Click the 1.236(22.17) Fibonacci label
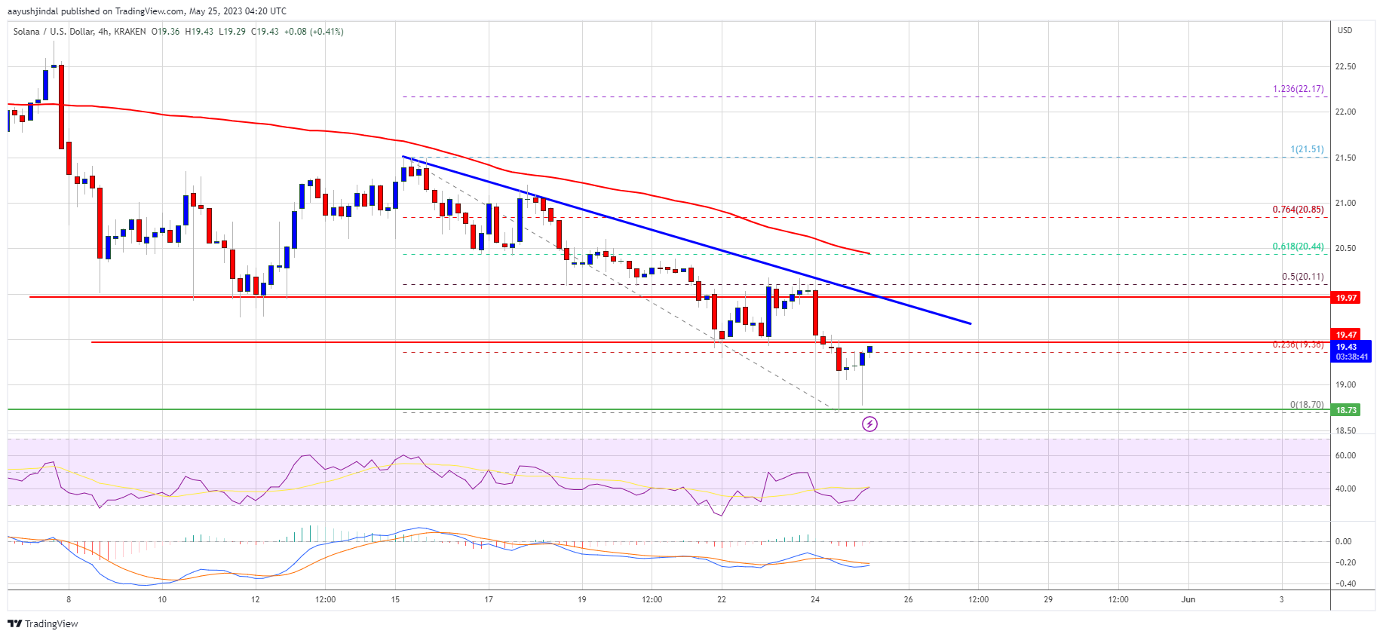click(1298, 89)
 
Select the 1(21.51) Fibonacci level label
click(1307, 149)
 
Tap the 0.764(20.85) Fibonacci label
click(1298, 210)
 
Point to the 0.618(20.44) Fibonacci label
click(1298, 247)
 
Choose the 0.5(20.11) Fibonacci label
click(1302, 277)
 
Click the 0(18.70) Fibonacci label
click(1306, 405)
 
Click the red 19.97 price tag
click(1346, 298)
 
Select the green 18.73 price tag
click(1346, 410)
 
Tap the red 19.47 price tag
click(1346, 335)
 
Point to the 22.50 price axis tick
click(1345, 66)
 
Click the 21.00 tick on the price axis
click(1345, 203)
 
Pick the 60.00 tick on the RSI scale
click(1345, 455)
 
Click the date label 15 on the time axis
click(395, 600)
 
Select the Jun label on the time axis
click(1188, 600)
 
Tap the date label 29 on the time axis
click(1048, 600)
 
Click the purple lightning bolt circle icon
click(869, 424)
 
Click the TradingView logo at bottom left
click(43, 624)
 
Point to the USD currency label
click(1345, 30)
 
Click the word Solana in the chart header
click(26, 32)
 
